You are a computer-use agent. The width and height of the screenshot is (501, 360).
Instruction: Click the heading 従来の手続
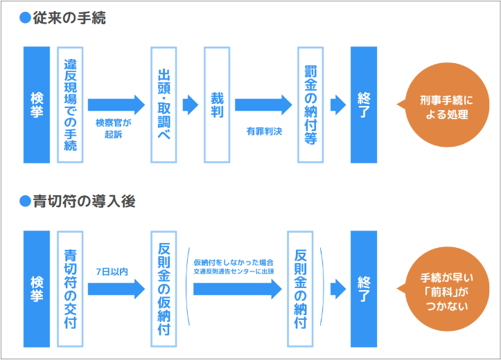coord(69,19)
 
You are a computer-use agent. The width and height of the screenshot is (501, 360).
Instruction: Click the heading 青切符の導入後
coord(83,201)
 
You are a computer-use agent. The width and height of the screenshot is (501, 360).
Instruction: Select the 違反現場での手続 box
coord(70,105)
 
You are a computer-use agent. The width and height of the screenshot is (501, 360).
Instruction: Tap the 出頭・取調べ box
coord(164,105)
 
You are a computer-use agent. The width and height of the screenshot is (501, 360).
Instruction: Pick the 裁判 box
coord(216,105)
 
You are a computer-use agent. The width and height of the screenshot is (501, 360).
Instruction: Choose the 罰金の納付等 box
coord(310,105)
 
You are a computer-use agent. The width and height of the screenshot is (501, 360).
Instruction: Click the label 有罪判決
coord(264,129)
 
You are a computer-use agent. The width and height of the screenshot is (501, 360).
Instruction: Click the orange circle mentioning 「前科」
coord(443,290)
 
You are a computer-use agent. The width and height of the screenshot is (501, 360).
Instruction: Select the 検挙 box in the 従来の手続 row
coord(37,105)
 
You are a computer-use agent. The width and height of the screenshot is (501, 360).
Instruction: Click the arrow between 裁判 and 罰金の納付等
coord(264,105)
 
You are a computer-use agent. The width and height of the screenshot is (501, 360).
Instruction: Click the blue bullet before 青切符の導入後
coord(26,201)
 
